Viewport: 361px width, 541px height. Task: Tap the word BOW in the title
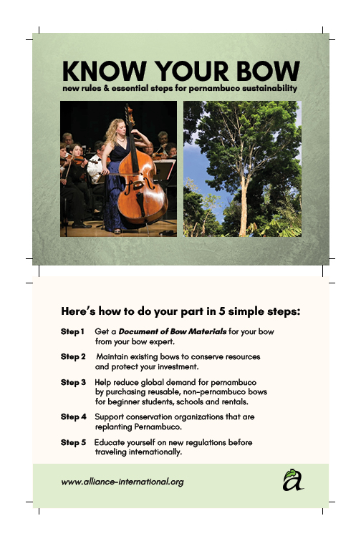tap(264, 72)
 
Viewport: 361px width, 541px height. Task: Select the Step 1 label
tap(72, 332)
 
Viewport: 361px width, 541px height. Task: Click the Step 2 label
tap(73, 356)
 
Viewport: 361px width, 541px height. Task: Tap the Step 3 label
tap(73, 382)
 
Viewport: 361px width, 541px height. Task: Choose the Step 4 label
tap(73, 416)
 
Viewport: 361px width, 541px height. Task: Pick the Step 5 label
tap(73, 442)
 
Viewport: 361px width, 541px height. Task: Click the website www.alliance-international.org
tap(122, 482)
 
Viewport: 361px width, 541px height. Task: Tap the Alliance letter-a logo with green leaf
tap(292, 480)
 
